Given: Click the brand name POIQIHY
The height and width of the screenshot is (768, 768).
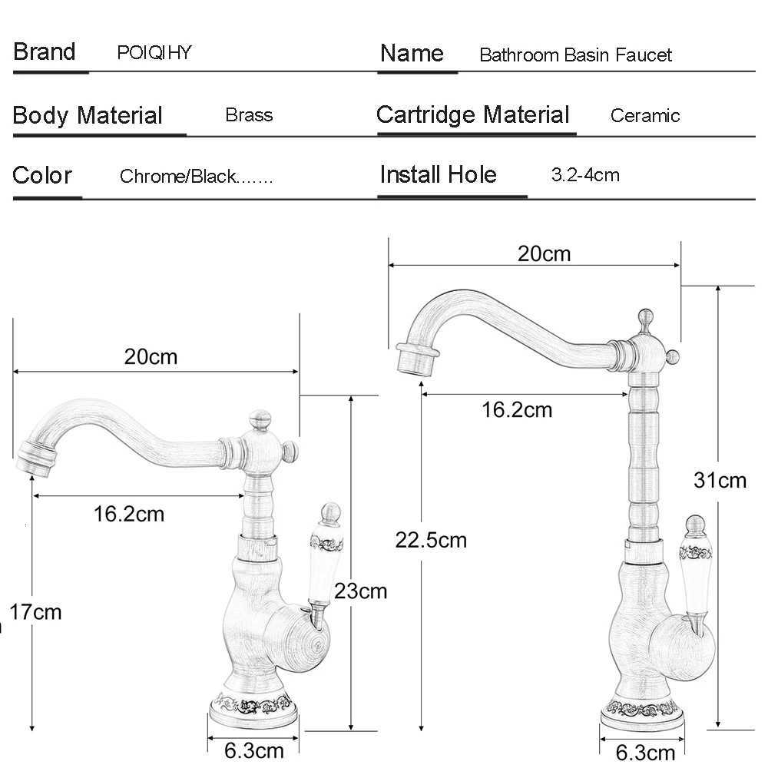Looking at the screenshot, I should point(154,53).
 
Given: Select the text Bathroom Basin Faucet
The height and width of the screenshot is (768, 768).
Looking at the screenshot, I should point(575,55).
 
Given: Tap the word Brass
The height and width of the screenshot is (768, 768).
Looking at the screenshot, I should point(249,115).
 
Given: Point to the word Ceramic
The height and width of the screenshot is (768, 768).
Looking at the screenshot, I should point(645,116).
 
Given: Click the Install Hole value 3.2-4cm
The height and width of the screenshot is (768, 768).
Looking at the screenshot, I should point(585,174).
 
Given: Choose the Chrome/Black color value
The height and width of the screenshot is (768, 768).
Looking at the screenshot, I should point(196,177).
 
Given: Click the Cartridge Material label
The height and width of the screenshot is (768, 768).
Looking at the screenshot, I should point(473,115).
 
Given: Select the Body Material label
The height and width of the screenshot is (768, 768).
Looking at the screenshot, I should point(88,116).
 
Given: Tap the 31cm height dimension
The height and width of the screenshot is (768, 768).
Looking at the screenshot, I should point(720,481).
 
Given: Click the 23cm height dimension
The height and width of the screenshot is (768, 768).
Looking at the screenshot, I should point(360,591).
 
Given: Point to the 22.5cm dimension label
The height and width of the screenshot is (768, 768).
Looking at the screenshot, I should point(431,540).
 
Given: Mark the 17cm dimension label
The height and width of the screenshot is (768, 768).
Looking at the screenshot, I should point(35,612).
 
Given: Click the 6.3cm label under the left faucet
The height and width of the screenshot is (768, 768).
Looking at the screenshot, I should point(254,749).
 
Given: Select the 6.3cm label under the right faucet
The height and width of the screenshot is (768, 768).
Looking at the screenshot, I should point(646,751).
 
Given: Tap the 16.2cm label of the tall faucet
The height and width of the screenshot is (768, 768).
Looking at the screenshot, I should point(517,409).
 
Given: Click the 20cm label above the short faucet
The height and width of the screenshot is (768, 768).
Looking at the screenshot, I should point(151,356).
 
